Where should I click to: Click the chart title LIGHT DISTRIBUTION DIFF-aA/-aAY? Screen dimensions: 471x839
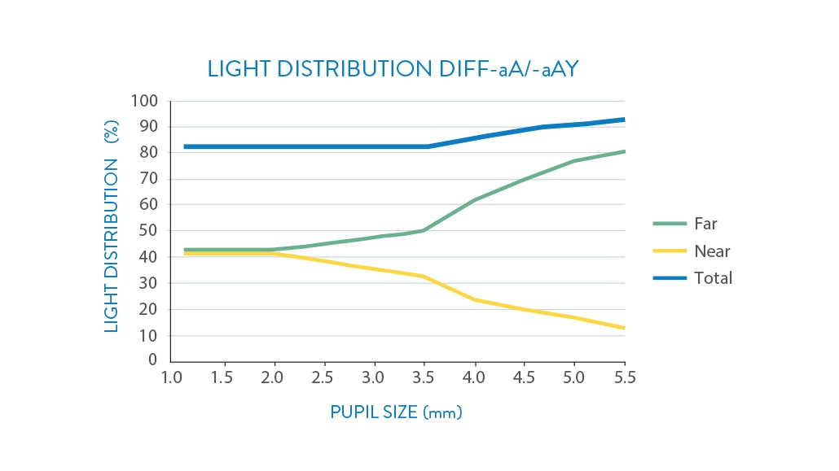click(393, 69)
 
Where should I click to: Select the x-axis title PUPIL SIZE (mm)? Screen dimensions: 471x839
click(396, 412)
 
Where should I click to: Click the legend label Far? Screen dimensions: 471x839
click(705, 224)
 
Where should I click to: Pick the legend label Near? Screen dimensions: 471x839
click(712, 251)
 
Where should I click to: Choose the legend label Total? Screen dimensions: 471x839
click(713, 278)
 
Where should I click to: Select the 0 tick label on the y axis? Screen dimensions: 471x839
click(152, 360)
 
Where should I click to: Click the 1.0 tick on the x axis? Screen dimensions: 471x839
click(171, 377)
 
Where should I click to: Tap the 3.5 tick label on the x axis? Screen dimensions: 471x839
click(423, 377)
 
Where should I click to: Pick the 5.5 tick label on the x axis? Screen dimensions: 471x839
click(625, 377)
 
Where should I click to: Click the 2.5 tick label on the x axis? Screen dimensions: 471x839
click(323, 377)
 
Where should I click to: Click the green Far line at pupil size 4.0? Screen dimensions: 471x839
click(474, 199)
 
